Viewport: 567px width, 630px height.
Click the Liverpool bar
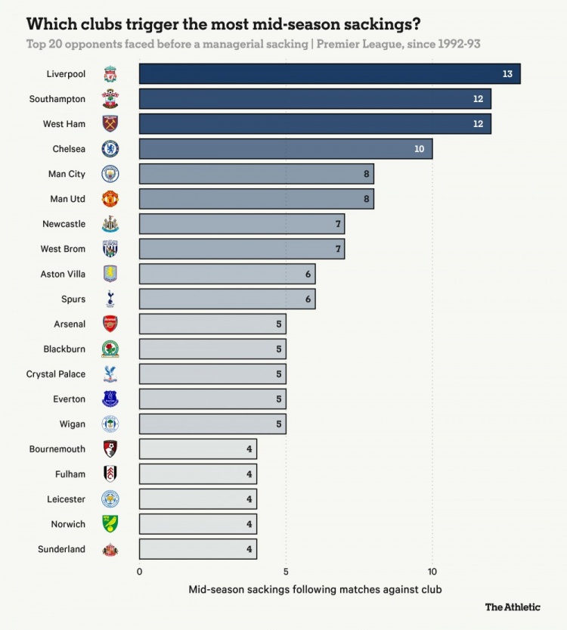[x=330, y=74]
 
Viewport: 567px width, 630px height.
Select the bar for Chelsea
[x=286, y=149]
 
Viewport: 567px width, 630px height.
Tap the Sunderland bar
[x=198, y=549]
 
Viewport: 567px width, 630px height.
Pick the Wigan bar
[x=212, y=424]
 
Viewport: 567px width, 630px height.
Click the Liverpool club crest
[x=110, y=74]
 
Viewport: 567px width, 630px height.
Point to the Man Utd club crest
[x=110, y=199]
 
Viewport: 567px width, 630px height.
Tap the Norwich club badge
[x=110, y=524]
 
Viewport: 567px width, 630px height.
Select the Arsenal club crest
[x=110, y=324]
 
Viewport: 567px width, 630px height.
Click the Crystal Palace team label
[x=56, y=374]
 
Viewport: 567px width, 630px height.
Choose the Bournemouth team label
[x=57, y=449]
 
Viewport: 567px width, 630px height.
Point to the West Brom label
[x=63, y=249]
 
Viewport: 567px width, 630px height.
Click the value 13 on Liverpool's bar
[x=507, y=74]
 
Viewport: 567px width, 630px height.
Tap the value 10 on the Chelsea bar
[x=419, y=149]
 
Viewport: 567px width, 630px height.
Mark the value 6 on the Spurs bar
[x=308, y=299]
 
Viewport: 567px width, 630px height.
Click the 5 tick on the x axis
[x=286, y=572]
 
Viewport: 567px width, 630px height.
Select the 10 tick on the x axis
[x=432, y=572]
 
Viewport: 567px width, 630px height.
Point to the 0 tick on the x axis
[x=139, y=572]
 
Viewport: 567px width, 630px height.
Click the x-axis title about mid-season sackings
[x=314, y=588]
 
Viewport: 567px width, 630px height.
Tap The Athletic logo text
[x=513, y=607]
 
